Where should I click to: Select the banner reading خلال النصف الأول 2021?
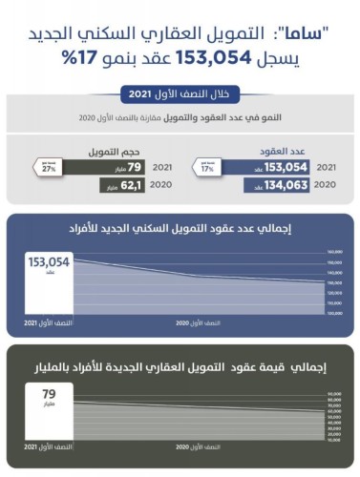click(180, 95)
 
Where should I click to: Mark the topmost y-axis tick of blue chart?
click(333, 251)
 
